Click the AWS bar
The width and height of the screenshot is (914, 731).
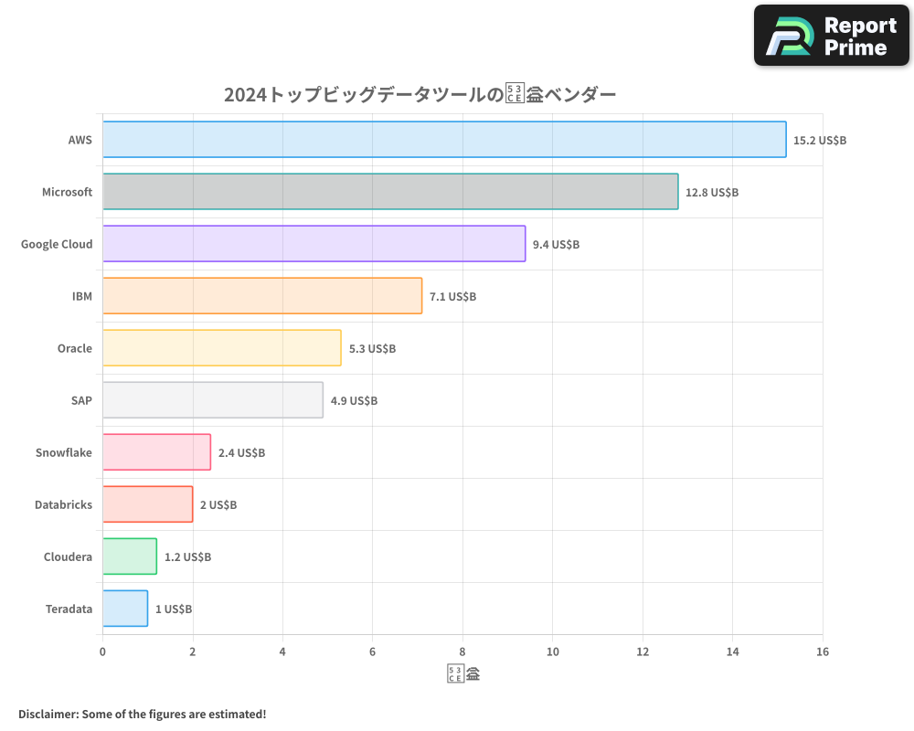tap(444, 140)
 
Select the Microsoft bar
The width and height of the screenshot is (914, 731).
tap(390, 192)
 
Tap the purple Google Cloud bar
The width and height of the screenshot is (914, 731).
tap(314, 244)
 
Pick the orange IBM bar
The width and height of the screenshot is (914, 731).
tap(262, 296)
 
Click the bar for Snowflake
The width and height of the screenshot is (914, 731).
tap(156, 452)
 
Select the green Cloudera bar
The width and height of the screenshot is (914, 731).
tap(130, 556)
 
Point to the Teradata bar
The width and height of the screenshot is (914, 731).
tap(125, 609)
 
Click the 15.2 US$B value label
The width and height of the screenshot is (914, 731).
tap(820, 141)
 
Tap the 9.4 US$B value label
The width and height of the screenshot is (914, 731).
tap(556, 245)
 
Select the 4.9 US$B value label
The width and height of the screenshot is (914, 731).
tap(354, 401)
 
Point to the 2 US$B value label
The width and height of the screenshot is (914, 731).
tap(218, 505)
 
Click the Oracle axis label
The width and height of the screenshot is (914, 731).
tap(74, 348)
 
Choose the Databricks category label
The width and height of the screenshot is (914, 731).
tap(63, 504)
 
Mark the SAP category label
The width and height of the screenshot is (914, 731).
tap(81, 400)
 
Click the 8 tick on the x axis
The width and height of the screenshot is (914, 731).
tap(462, 652)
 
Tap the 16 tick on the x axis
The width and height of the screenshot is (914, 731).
tap(823, 652)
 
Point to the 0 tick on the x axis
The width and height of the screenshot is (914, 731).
tap(102, 652)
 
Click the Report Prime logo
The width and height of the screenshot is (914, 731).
tap(831, 36)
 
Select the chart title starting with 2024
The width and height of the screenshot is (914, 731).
tap(420, 95)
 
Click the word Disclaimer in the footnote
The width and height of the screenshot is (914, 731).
tap(48, 714)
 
